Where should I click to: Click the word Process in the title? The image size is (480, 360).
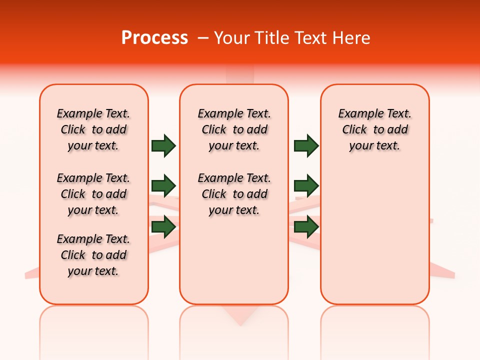(154, 38)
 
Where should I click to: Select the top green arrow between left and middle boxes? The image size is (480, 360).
(163, 145)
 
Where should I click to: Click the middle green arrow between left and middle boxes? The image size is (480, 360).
(163, 186)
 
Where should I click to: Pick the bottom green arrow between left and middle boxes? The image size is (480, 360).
(163, 226)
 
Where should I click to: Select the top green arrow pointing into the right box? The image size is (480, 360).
(306, 145)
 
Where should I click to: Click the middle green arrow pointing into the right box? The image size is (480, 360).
(306, 186)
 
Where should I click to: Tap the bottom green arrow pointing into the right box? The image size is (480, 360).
(306, 226)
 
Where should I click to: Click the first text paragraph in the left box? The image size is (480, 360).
(93, 129)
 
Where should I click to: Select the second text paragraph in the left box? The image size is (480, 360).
(93, 194)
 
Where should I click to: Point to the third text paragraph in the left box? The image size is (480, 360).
(93, 255)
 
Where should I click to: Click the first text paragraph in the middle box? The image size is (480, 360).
(234, 129)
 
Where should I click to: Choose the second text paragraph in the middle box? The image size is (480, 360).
(234, 194)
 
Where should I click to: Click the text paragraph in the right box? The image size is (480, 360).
(374, 129)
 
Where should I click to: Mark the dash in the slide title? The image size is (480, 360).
(203, 38)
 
